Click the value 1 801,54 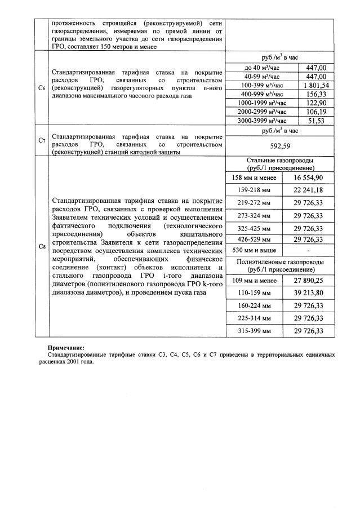(315, 85)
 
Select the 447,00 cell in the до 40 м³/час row (315, 68)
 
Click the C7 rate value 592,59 (280, 147)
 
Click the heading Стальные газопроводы (280, 160)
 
